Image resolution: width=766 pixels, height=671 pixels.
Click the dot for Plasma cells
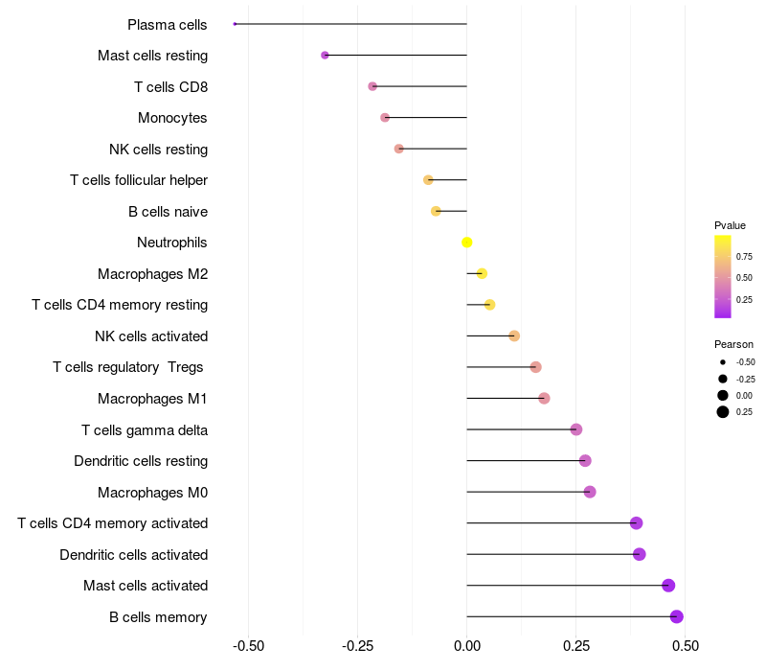[x=235, y=24]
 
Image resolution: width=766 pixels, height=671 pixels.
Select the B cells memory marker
[x=677, y=616]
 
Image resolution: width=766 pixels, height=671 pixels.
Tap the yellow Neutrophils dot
[x=467, y=243]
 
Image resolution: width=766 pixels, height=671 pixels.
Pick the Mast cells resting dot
[x=325, y=56]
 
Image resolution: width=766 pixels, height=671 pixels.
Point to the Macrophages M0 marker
[x=590, y=492]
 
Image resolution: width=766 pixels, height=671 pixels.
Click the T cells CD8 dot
[x=372, y=86]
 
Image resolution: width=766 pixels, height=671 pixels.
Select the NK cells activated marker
[x=514, y=336]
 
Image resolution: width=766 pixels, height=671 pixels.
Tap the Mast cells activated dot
[x=668, y=586]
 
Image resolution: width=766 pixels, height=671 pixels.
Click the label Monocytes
[x=172, y=118]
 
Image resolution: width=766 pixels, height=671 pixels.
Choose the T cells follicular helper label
[x=139, y=180]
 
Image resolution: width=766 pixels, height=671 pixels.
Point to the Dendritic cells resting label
[x=141, y=461]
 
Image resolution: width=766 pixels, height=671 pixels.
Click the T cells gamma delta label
[x=145, y=429]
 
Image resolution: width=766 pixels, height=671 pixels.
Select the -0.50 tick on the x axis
[x=248, y=646]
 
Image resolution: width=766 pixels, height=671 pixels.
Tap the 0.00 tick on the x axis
[x=467, y=646]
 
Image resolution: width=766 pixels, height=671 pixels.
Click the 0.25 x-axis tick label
[x=576, y=646]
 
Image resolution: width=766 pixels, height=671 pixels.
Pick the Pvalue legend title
[x=730, y=225]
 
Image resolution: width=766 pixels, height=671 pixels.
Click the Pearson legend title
[x=733, y=344]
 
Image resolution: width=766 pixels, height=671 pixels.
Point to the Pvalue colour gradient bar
[x=723, y=277]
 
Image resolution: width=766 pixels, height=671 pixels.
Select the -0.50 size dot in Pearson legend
[x=723, y=362]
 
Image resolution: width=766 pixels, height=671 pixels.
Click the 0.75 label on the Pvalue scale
[x=744, y=257]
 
